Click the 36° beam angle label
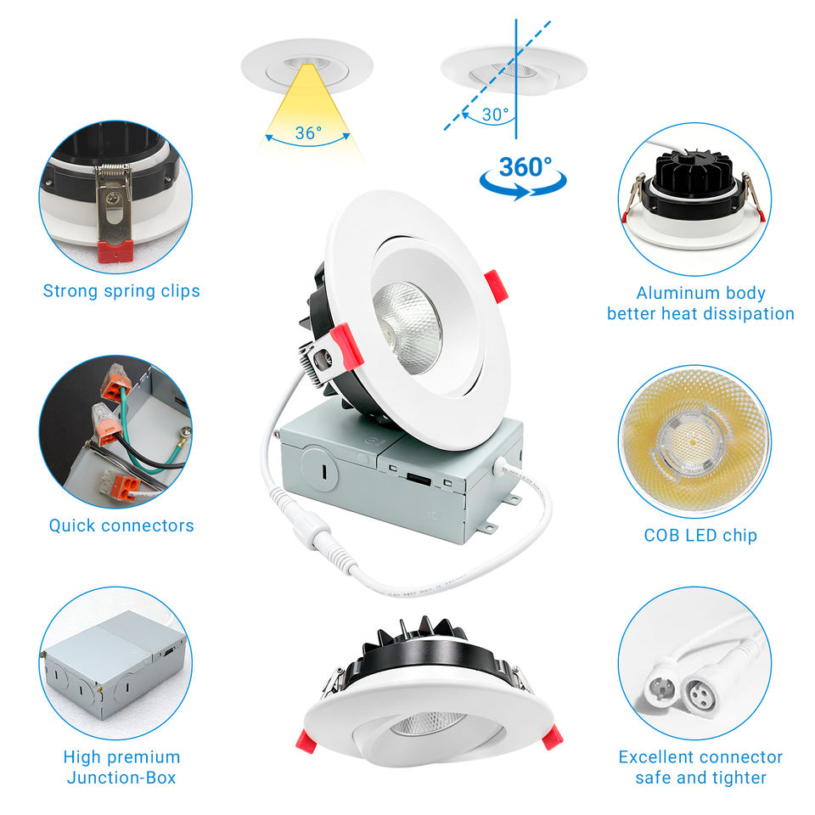(x=308, y=133)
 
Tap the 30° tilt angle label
(x=495, y=115)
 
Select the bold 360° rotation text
(x=525, y=167)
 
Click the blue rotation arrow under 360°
(x=523, y=186)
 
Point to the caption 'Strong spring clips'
(x=121, y=291)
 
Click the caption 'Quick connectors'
(x=121, y=526)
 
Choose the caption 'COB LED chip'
(x=700, y=536)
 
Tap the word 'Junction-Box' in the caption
(x=121, y=778)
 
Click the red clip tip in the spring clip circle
(x=115, y=251)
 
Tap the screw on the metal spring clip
(x=113, y=199)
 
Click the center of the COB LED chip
(x=694, y=442)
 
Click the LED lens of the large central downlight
(x=407, y=328)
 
